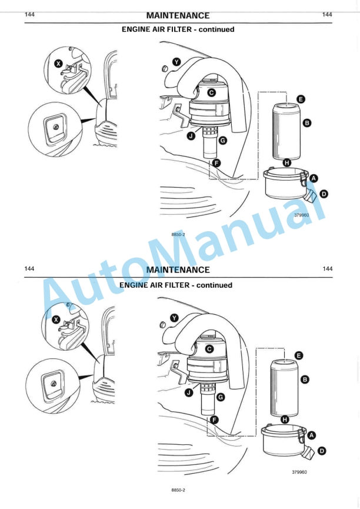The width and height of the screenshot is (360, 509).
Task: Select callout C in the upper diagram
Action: (x=211, y=92)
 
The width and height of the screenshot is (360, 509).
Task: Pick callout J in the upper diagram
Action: (x=191, y=136)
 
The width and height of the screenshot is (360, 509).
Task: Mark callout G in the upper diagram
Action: (x=222, y=141)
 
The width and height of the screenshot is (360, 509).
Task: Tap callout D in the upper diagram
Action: (x=324, y=194)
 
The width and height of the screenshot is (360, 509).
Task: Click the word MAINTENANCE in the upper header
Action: (x=178, y=15)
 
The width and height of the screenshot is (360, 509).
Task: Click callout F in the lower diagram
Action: (x=215, y=420)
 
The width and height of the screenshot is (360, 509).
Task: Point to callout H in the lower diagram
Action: (x=285, y=420)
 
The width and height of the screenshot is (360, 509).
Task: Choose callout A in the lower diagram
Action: (x=312, y=435)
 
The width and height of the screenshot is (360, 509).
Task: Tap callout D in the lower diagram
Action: (x=322, y=451)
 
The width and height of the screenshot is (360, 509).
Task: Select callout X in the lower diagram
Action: (x=56, y=320)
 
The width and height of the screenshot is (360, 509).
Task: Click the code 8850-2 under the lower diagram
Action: (x=178, y=490)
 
